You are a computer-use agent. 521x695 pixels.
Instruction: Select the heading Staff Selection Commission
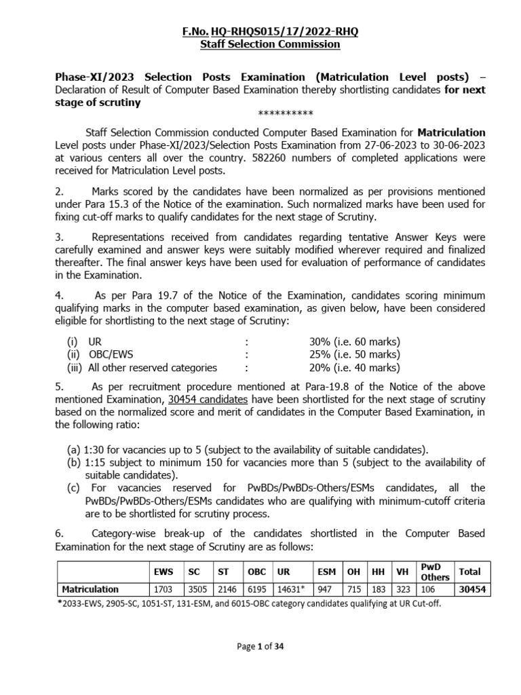[x=260, y=45]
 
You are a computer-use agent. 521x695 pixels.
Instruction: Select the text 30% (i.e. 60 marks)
[x=354, y=342]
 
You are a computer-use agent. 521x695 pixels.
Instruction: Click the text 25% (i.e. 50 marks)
[x=354, y=355]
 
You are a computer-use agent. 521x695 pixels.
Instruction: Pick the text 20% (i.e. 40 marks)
[x=354, y=368]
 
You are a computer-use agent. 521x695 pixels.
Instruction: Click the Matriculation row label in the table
[x=90, y=589]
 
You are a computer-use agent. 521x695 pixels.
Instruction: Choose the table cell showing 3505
[x=195, y=589]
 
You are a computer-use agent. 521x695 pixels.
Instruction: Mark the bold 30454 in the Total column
[x=472, y=589]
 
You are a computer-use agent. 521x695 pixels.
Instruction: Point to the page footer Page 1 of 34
[x=260, y=647]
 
